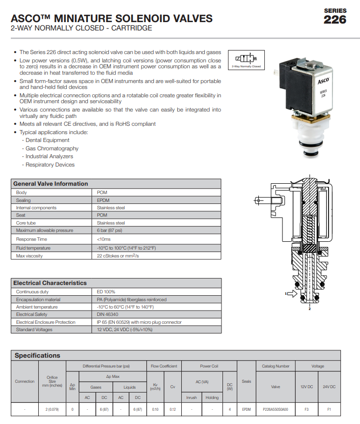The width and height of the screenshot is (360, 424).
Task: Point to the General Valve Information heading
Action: [51, 184]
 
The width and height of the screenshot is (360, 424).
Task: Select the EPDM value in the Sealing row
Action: [104, 200]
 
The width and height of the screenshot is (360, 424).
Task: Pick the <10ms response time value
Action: [104, 239]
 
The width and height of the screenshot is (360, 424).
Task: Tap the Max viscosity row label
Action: [29, 256]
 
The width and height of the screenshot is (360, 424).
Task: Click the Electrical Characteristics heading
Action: [50, 283]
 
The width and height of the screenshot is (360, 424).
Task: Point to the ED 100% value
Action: [106, 292]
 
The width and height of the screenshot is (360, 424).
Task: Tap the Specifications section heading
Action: [37, 355]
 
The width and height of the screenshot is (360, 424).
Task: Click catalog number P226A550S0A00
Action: [276, 409]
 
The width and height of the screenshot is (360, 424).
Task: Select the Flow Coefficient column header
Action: [164, 366]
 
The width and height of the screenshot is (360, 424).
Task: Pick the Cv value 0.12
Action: [172, 409]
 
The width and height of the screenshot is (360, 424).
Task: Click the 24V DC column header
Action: [329, 387]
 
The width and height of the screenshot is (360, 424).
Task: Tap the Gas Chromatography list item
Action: [52, 148]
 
